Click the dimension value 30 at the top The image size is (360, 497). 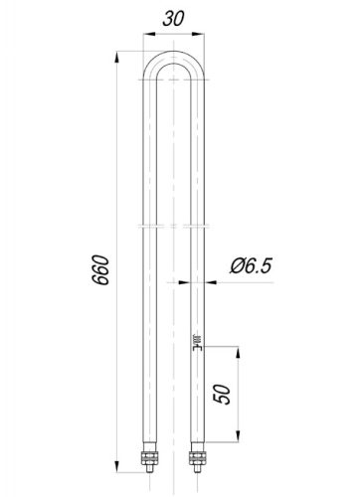[173, 19]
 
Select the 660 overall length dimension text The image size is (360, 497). [100, 270]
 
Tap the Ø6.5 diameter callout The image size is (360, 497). [251, 266]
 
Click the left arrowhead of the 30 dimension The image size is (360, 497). [148, 34]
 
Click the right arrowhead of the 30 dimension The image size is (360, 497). [199, 34]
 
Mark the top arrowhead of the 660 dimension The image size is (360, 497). [116, 57]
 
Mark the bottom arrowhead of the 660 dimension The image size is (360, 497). [116, 466]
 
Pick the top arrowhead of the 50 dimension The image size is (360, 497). [238, 352]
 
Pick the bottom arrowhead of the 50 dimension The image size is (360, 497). [238, 436]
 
